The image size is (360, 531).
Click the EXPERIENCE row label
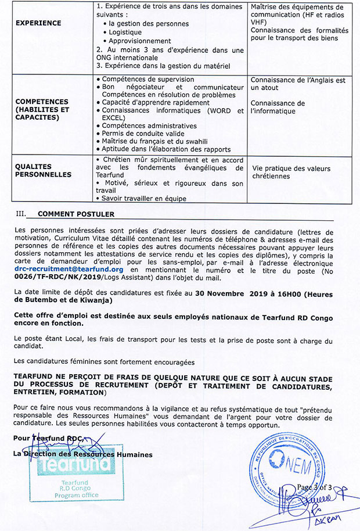38,23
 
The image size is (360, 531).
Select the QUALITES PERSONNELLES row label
44,170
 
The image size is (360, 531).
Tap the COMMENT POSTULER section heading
76,214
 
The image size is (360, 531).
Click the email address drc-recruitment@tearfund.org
69,269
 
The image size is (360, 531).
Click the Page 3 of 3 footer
313,487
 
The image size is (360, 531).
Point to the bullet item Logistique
126,33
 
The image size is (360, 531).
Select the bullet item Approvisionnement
140,41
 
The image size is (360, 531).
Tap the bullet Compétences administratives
149,126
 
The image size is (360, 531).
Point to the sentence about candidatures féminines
109,362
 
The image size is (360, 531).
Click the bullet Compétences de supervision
147,80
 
